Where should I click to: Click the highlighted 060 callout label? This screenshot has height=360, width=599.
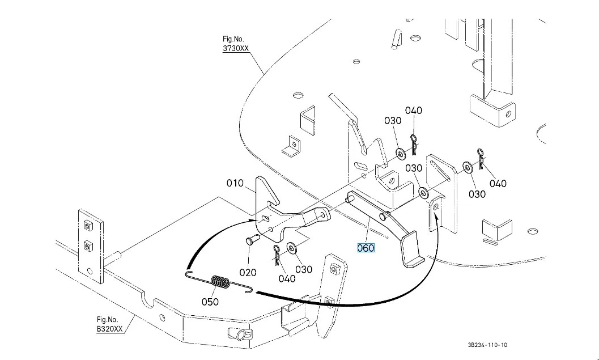pyautogui.click(x=366, y=248)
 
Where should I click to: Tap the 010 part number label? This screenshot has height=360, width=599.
pyautogui.click(x=235, y=184)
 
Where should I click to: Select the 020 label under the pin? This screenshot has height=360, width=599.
pyautogui.click(x=248, y=273)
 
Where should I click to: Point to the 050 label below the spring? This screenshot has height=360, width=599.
pyautogui.click(x=210, y=302)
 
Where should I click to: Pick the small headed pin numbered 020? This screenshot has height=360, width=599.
pyautogui.click(x=252, y=240)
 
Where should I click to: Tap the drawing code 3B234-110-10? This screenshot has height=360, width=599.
pyautogui.click(x=488, y=345)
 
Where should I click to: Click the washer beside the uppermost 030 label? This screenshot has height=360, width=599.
pyautogui.click(x=401, y=154)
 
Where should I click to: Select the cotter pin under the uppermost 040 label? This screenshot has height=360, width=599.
pyautogui.click(x=414, y=145)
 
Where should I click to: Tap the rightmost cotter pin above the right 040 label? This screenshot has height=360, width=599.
pyautogui.click(x=481, y=159)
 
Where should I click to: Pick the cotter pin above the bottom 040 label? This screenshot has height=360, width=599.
pyautogui.click(x=277, y=254)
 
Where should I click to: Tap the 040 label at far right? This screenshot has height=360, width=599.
pyautogui.click(x=498, y=184)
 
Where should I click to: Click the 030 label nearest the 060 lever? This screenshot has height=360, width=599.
pyautogui.click(x=414, y=168)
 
